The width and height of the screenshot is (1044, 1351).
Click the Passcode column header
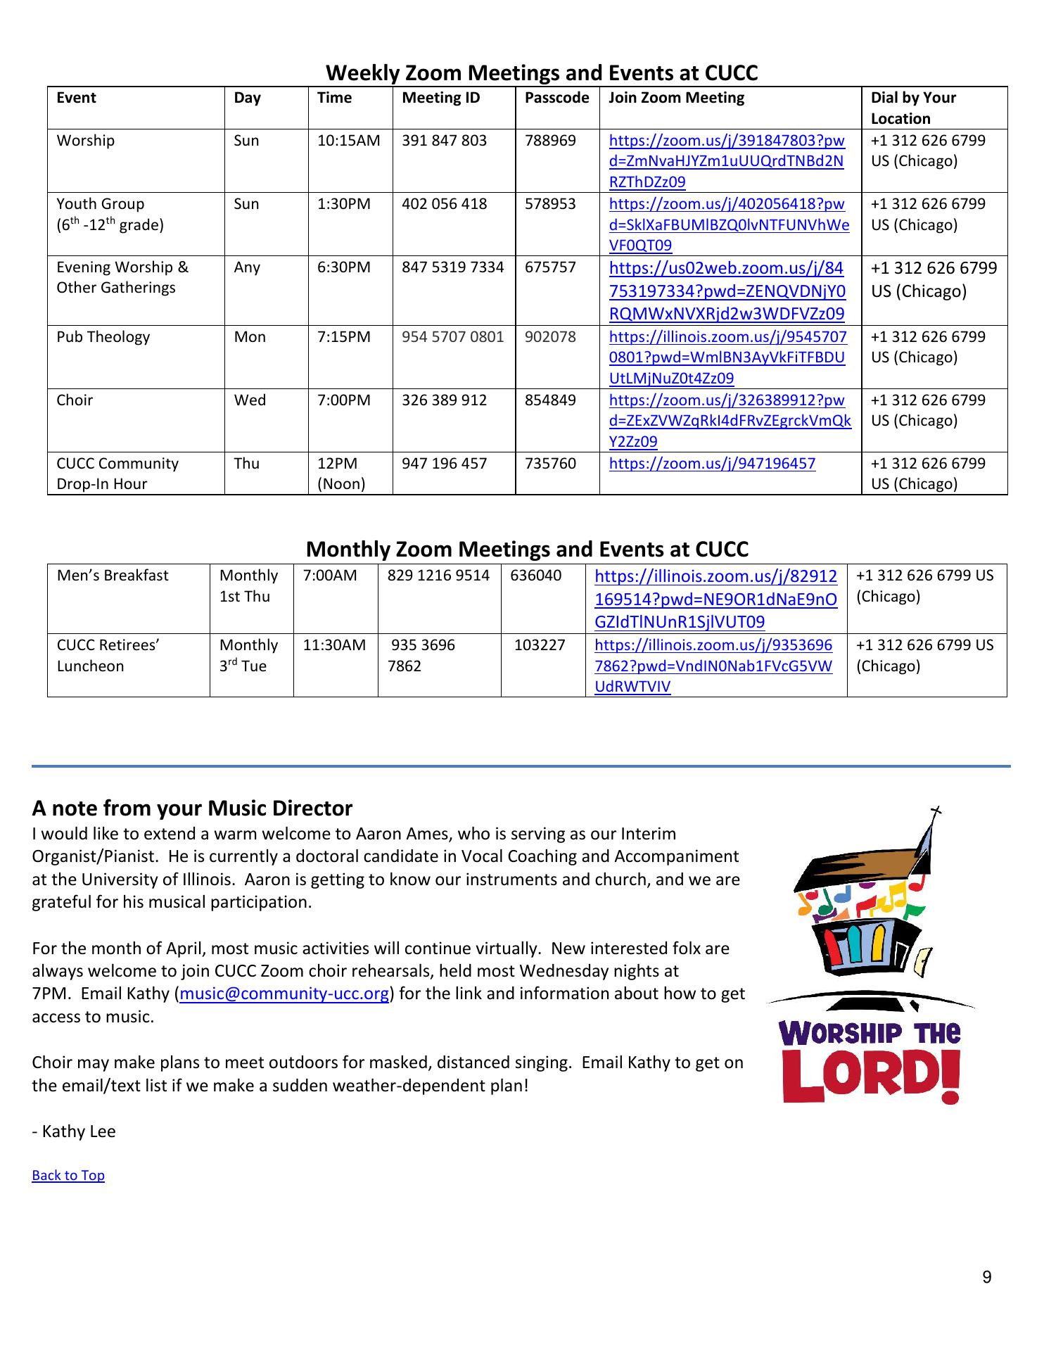point(556,98)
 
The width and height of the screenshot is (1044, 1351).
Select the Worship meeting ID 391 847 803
point(444,141)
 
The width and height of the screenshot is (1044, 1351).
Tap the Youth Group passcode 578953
point(549,204)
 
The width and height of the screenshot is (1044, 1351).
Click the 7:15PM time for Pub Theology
point(343,337)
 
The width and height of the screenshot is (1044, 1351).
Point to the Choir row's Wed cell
point(250,400)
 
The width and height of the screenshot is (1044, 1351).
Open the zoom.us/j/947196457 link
point(712,464)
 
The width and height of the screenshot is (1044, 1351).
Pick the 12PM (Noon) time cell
point(341,474)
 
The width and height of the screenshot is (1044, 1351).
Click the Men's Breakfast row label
point(113,576)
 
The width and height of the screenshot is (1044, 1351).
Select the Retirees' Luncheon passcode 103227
point(540,645)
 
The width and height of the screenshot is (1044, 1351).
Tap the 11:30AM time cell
point(334,645)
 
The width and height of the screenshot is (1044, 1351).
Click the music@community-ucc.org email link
point(285,994)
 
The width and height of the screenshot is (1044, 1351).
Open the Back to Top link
point(68,1176)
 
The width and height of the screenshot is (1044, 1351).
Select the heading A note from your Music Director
point(192,808)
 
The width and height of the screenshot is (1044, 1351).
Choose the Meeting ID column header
point(440,98)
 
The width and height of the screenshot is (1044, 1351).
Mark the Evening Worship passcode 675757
point(549,267)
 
